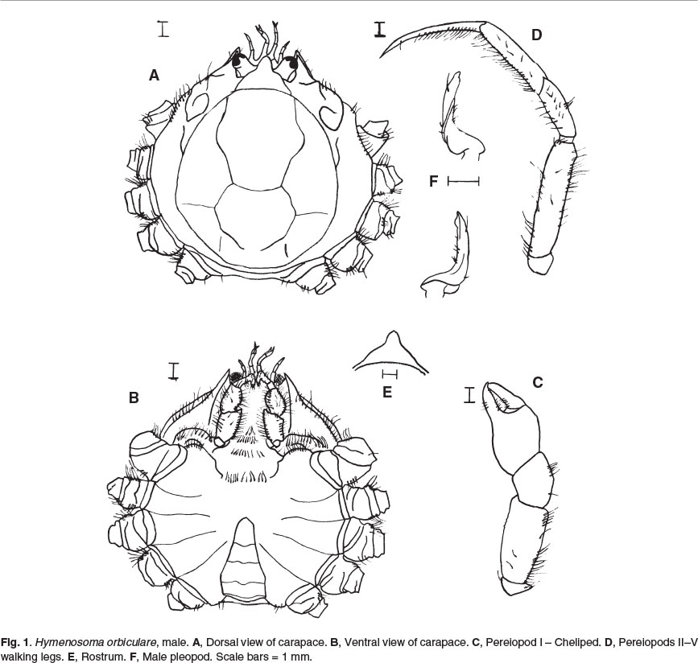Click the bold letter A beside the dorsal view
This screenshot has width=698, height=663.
click(154, 76)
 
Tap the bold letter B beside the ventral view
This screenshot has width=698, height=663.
click(134, 397)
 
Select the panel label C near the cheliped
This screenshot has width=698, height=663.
click(537, 382)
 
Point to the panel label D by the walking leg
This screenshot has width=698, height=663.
click(536, 35)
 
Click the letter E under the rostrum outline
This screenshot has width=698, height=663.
click(387, 392)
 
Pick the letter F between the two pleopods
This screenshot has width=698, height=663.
click(434, 181)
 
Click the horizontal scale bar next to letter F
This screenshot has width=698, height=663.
click(464, 181)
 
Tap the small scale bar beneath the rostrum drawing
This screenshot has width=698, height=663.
click(390, 374)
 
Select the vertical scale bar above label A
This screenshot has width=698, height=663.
click(163, 29)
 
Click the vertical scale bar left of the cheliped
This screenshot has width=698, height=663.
click(469, 395)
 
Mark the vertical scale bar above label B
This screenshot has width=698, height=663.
click(174, 372)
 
